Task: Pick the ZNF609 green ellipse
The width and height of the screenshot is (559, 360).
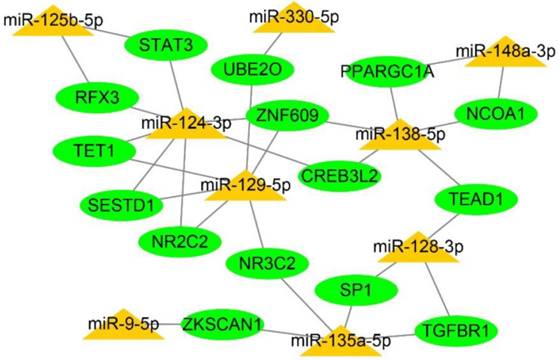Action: (287, 117)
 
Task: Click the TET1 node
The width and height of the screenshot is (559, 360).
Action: (94, 151)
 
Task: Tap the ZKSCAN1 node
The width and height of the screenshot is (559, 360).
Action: (222, 324)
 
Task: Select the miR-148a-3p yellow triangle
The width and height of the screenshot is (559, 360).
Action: (497, 52)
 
